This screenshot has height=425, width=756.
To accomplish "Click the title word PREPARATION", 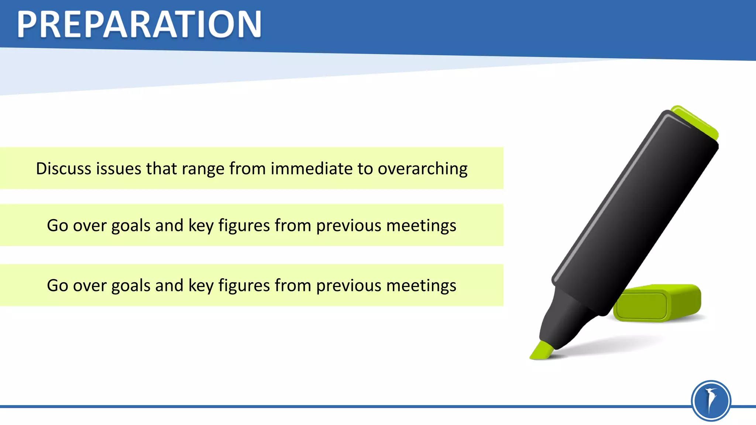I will pyautogui.click(x=139, y=24).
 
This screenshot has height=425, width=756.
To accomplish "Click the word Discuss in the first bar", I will pyautogui.click(x=63, y=169).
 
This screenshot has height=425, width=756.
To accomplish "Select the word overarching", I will pyautogui.click(x=422, y=169).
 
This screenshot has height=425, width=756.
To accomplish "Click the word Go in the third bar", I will pyautogui.click(x=57, y=286).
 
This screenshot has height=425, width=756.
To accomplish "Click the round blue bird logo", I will pyautogui.click(x=711, y=401).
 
